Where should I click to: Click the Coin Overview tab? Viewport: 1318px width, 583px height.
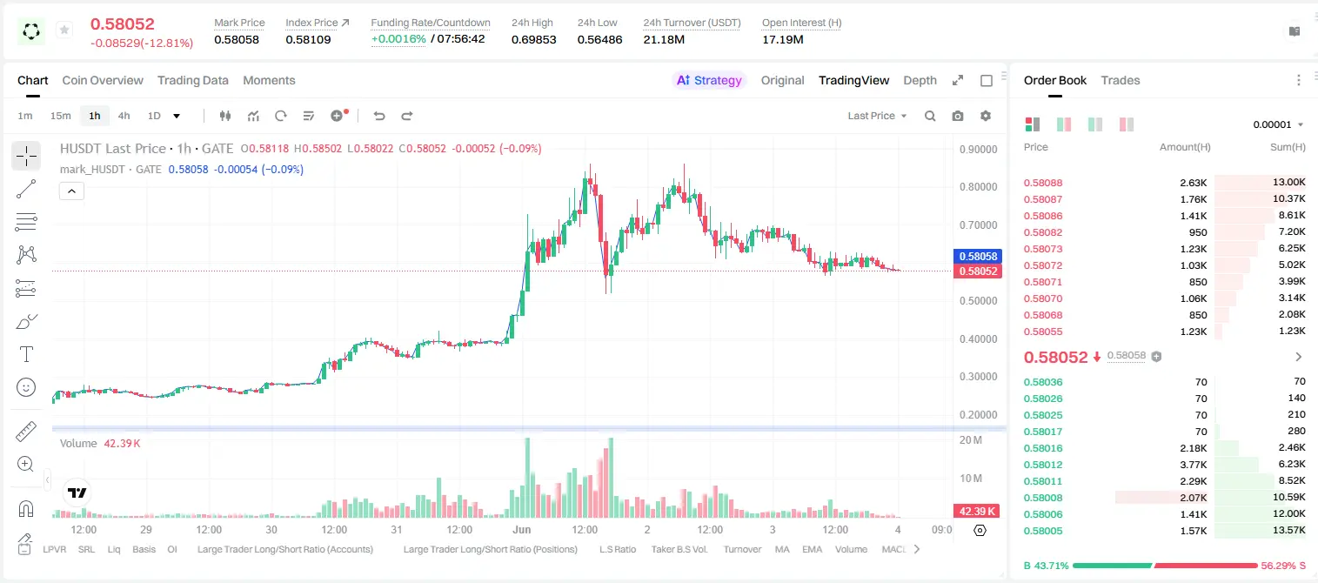pos(103,80)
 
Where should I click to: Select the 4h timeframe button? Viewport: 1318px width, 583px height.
pos(124,116)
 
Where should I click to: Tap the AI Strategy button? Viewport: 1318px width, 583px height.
pos(709,80)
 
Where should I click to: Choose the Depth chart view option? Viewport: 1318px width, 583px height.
pos(920,80)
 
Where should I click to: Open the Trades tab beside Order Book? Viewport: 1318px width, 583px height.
pos(1121,80)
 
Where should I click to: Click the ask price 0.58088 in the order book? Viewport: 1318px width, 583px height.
pos(1043,183)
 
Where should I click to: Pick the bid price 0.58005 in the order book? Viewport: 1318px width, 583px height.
pos(1043,531)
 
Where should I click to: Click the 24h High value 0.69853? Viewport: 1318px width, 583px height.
pos(533,39)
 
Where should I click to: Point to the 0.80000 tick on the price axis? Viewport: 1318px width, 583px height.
pos(979,187)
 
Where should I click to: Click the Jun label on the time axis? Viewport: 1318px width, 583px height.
pos(521,529)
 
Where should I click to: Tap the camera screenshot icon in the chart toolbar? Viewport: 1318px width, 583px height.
pos(958,116)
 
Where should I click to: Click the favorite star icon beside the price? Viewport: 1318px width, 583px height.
pos(64,30)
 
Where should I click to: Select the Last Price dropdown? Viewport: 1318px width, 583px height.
pos(877,116)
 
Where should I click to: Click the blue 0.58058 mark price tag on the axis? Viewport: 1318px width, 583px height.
pos(978,257)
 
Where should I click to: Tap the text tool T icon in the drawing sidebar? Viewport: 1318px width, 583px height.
pos(26,354)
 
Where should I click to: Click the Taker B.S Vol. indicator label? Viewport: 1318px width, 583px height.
pos(679,549)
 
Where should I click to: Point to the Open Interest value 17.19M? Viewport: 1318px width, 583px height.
pos(783,39)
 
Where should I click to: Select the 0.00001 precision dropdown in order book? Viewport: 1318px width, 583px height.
pos(1278,124)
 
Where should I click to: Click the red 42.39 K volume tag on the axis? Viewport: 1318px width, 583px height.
pos(978,512)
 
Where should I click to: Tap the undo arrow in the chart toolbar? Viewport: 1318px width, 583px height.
pos(379,116)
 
